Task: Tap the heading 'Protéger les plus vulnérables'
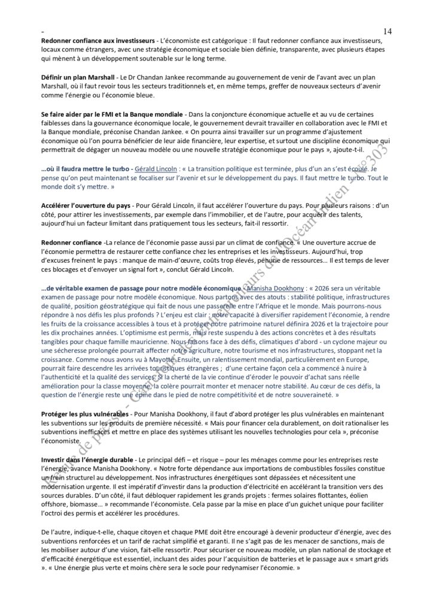84,414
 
